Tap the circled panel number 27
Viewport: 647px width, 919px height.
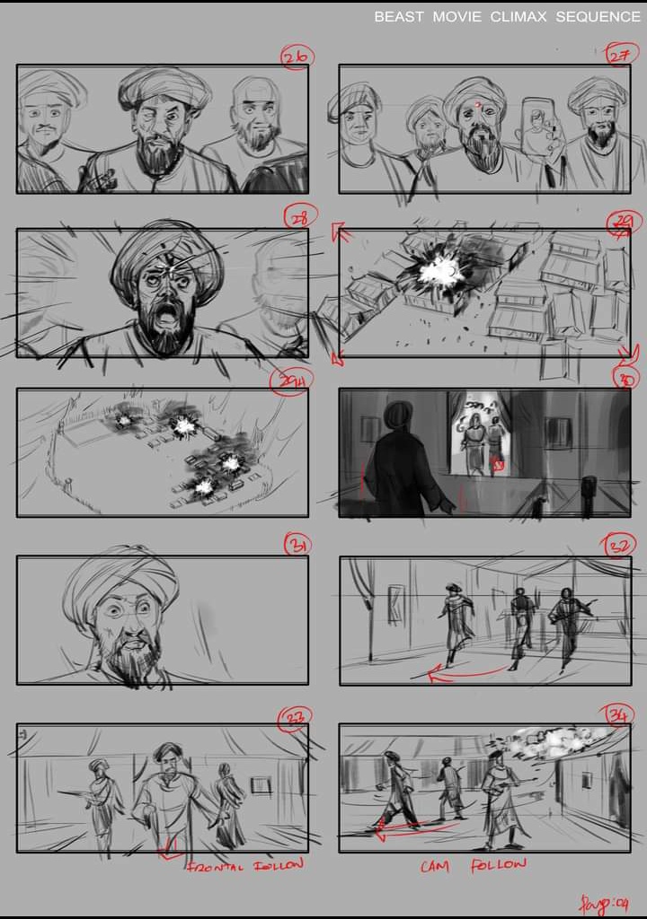pos(618,57)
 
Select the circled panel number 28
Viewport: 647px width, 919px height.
pos(297,217)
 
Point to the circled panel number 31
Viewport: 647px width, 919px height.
pos(297,544)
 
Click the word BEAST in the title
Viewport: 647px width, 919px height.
pos(399,17)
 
